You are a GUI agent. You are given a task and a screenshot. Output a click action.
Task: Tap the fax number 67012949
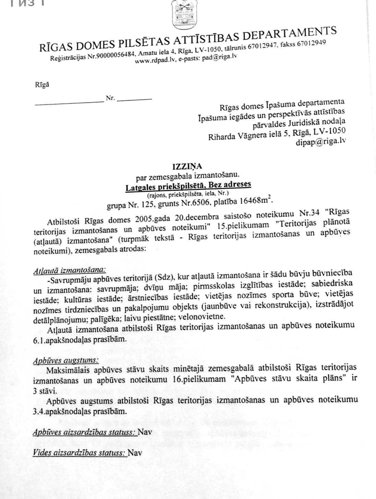[311, 44]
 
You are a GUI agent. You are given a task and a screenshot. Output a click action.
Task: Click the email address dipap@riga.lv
[321, 141]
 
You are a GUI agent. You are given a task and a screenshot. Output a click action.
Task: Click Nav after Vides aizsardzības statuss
[135, 453]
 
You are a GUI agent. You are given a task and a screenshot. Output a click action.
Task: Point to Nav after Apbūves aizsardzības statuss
[145, 432]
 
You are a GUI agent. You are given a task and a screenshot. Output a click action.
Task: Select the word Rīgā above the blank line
[42, 84]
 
